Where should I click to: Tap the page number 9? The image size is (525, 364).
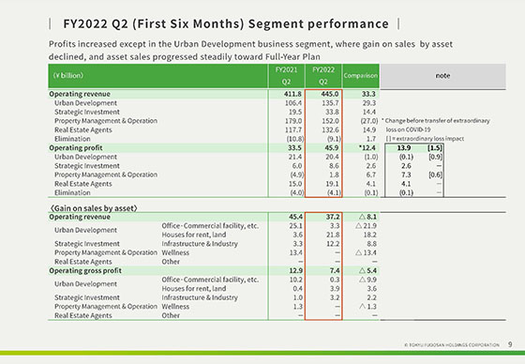508,344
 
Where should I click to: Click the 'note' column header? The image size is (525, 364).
442,74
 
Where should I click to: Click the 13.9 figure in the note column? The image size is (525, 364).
404,147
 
